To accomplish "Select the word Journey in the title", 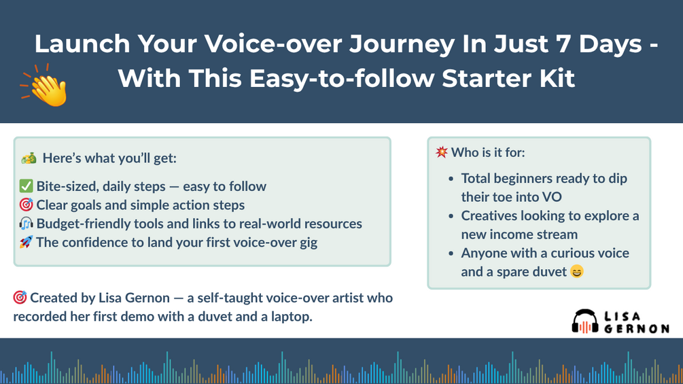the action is (402, 44).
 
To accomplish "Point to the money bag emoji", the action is (29, 158).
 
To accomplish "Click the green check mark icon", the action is (26, 186).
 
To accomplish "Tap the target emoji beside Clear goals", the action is (26, 205).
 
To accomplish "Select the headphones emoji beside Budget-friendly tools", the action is (26, 224).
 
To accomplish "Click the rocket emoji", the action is (26, 242).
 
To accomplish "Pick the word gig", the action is (308, 243).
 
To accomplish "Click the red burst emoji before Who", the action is (441, 152).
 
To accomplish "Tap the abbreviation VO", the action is (552, 197).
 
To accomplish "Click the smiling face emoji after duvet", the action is (577, 272).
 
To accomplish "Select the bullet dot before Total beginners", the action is (451, 179).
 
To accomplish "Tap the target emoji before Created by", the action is (20, 298).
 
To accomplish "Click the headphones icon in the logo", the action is (585, 321).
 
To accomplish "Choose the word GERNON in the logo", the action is (636, 329).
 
